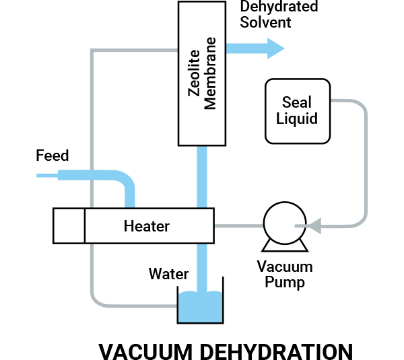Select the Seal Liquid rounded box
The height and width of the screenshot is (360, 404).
pyautogui.click(x=297, y=111)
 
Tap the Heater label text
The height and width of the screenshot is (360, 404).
pyautogui.click(x=147, y=226)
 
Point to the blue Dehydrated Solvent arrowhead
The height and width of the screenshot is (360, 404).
pyautogui.click(x=274, y=48)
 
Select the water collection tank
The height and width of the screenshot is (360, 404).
pyautogui.click(x=199, y=307)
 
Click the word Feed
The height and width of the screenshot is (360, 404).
pyautogui.click(x=52, y=156)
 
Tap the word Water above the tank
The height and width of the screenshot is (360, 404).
pyautogui.click(x=168, y=274)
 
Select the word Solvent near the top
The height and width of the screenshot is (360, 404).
pyautogui.click(x=265, y=22)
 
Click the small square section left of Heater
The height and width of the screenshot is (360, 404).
pyautogui.click(x=69, y=225)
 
